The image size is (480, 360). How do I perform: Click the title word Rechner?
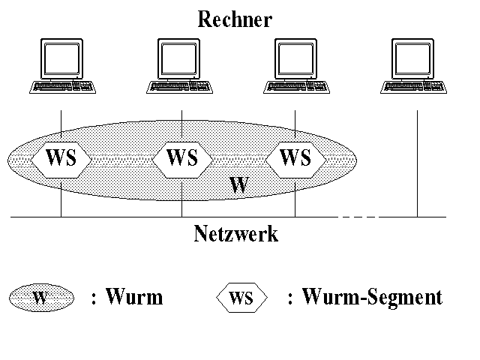234,19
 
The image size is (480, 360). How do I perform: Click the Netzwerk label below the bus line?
235,234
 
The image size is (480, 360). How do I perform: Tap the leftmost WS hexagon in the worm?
61,158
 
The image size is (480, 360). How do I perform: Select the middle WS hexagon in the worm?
181,158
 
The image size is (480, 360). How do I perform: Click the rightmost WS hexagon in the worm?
295,158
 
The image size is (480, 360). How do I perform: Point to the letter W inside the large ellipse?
238,185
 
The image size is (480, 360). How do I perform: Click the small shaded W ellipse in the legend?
41,298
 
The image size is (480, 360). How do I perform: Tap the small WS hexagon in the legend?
241,298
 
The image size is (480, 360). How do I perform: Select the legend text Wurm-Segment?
371,298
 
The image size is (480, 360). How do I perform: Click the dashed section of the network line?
358,217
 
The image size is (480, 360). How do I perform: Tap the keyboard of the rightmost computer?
415,86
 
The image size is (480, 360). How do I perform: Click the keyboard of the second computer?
180,86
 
